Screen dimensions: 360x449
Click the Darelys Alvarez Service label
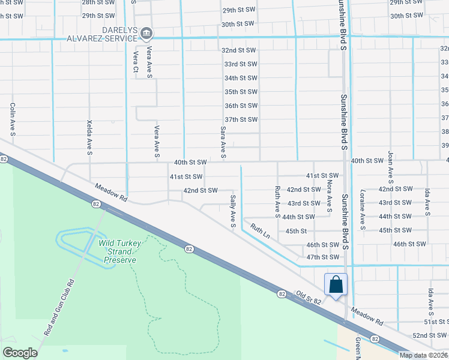(101, 34)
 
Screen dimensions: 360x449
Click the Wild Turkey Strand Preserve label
(120, 251)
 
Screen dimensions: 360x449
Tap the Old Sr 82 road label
(311, 298)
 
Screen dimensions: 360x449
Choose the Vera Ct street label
(136, 62)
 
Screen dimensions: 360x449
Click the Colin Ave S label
(12, 117)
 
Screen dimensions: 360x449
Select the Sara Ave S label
(223, 142)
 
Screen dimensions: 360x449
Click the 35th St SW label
(241, 92)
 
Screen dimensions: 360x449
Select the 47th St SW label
(322, 257)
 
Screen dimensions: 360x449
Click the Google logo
(20, 353)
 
